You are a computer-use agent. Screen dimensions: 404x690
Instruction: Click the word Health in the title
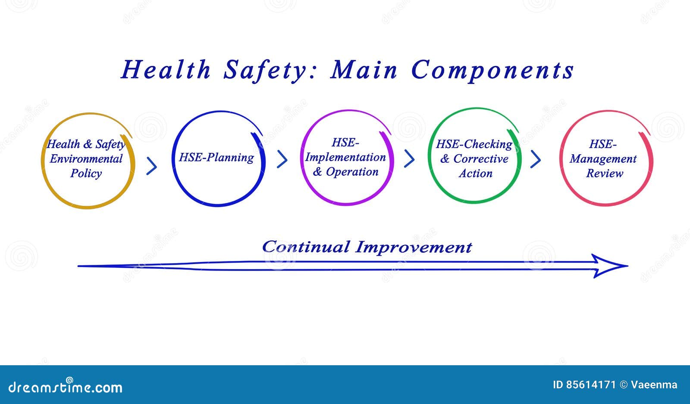pyautogui.click(x=166, y=70)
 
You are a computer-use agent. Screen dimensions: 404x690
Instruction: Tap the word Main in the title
pyautogui.click(x=364, y=70)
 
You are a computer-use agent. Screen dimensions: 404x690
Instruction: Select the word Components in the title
pyautogui.click(x=492, y=70)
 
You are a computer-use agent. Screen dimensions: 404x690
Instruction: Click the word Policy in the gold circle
pyautogui.click(x=86, y=174)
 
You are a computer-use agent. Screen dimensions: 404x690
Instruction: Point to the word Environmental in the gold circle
pyautogui.click(x=86, y=159)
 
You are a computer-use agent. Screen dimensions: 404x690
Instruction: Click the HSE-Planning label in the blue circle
pyautogui.click(x=216, y=157)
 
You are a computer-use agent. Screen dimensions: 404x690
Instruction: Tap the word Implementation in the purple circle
pyautogui.click(x=345, y=157)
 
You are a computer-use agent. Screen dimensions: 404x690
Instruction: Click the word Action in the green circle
pyautogui.click(x=476, y=174)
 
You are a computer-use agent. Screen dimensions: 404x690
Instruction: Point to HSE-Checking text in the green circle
pyautogui.click(x=474, y=144)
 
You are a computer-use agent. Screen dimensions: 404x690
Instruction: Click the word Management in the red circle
pyautogui.click(x=603, y=159)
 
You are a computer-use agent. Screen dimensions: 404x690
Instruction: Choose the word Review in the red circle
pyautogui.click(x=605, y=174)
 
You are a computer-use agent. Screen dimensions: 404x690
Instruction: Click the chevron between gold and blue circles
pyautogui.click(x=152, y=166)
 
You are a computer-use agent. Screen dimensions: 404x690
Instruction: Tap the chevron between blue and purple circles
pyautogui.click(x=282, y=159)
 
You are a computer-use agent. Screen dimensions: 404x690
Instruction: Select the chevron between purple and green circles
pyautogui.click(x=410, y=159)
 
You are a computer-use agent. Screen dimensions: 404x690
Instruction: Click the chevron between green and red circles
pyautogui.click(x=536, y=159)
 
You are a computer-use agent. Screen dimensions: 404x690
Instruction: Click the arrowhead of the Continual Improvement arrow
pyautogui.click(x=610, y=266)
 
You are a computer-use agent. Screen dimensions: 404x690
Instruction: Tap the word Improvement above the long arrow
pyautogui.click(x=414, y=247)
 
